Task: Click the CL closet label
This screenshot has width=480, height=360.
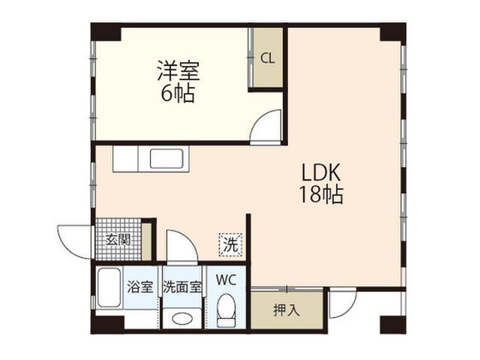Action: (268, 58)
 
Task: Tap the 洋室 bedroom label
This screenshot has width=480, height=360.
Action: (178, 70)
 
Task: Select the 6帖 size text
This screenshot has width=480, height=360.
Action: (178, 93)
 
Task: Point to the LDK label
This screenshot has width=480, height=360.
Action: (321, 172)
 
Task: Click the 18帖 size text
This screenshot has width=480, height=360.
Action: (321, 194)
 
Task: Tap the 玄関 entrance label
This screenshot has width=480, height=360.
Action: (118, 240)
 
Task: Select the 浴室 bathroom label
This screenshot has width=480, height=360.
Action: (140, 286)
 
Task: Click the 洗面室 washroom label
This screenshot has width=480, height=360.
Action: (182, 286)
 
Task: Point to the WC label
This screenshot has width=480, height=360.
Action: (226, 280)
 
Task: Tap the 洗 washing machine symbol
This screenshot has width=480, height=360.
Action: (230, 244)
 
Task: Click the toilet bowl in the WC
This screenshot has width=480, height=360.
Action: (226, 310)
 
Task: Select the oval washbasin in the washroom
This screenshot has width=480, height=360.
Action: (182, 319)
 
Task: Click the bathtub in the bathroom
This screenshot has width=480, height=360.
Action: (109, 287)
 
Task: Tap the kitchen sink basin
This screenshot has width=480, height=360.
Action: (166, 158)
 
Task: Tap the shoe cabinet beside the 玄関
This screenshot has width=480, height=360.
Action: (146, 241)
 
